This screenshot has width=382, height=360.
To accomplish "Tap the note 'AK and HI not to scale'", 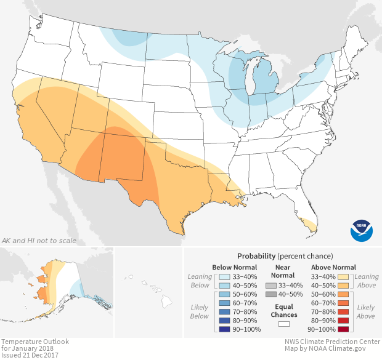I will click(x=39, y=241).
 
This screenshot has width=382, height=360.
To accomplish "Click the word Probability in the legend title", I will click(x=256, y=255).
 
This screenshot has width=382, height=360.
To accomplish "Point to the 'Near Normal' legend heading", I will click(x=283, y=271).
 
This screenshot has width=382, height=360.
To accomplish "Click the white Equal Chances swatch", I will click(x=283, y=323).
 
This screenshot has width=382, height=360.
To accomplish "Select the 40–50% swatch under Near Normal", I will click(x=270, y=295).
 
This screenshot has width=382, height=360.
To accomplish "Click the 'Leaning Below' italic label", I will click(x=200, y=281).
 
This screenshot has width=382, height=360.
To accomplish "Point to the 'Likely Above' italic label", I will click(x=365, y=311).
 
